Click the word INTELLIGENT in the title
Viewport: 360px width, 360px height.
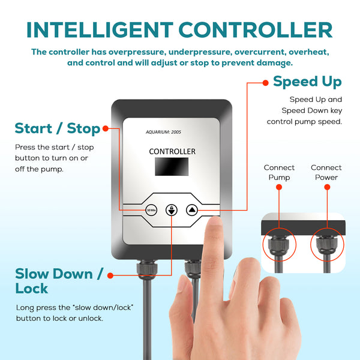tap(100, 30)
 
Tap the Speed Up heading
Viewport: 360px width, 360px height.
tap(307, 82)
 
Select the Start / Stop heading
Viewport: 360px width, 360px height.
tap(58, 128)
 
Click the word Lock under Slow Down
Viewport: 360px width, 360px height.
tap(32, 289)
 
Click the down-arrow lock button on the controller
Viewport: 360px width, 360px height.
tap(172, 210)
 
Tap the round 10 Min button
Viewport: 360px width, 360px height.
tap(151, 210)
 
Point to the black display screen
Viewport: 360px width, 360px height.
tap(172, 166)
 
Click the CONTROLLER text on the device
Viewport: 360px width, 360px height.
tap(172, 152)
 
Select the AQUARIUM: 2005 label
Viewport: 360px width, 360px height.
tap(163, 132)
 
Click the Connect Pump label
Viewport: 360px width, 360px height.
tap(279, 172)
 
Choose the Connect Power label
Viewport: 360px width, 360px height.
tap(326, 172)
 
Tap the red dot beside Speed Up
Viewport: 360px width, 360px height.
tap(265, 83)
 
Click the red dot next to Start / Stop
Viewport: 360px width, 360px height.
tap(106, 128)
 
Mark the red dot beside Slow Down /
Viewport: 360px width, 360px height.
tap(110, 275)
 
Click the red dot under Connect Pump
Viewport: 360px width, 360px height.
tap(279, 187)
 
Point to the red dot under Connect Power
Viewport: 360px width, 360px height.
tap(327, 187)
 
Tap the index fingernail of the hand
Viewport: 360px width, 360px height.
tap(214, 222)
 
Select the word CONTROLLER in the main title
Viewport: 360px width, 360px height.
tap(256, 30)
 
